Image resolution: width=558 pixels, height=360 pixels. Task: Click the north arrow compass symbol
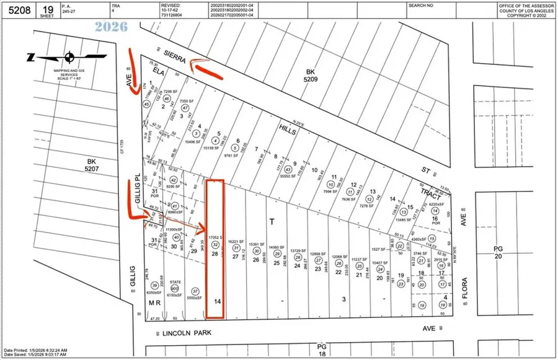(x=68, y=58)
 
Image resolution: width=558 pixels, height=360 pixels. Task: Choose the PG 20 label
(x=498, y=252)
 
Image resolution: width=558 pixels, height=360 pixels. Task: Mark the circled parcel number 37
(x=195, y=291)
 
